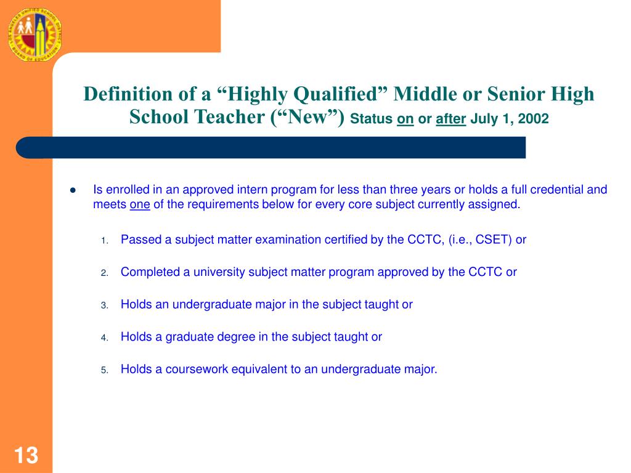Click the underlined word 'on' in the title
[405, 119]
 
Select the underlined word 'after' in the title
[450, 119]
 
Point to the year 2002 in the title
[533, 119]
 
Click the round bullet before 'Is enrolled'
[72, 190]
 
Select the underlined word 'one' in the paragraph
[140, 205]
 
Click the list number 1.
[105, 241]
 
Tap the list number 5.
[105, 371]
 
